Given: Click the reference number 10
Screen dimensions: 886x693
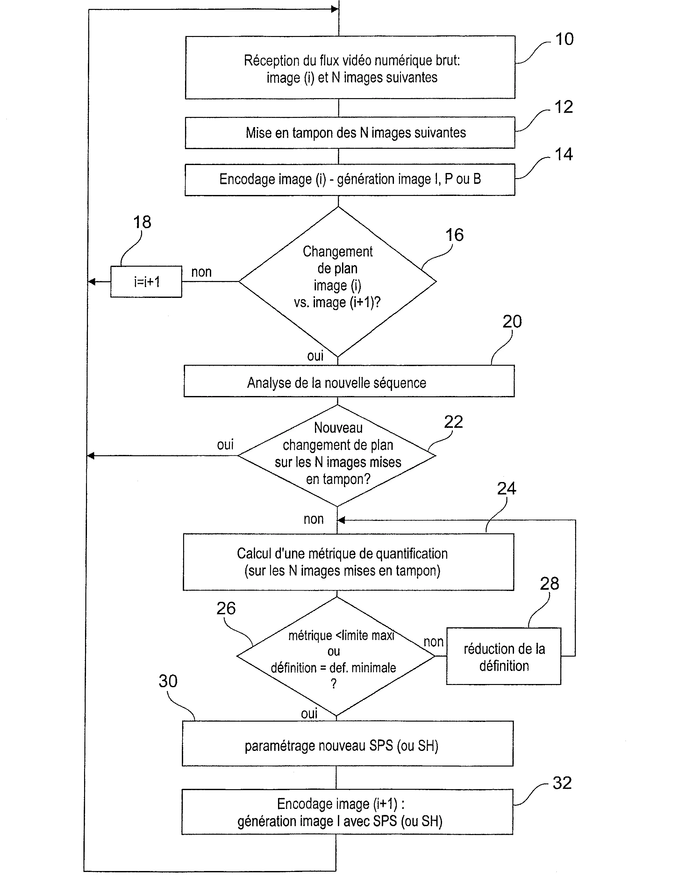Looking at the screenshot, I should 564,39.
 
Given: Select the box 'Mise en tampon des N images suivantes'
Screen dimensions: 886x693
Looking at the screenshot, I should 350,133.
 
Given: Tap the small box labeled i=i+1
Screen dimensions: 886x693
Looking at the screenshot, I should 146,282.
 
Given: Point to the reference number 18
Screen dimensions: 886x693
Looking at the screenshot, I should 142,222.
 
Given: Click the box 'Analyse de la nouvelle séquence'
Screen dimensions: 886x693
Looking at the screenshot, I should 349,381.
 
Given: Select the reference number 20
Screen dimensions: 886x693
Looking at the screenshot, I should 512,321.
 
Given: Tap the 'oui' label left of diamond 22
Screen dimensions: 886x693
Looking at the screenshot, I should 225,444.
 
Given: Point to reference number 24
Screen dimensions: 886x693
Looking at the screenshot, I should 506,488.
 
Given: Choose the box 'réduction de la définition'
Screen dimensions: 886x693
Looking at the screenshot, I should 504,657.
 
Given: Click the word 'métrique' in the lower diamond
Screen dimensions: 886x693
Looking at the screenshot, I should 310,636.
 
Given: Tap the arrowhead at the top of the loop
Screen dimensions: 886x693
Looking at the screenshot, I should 335,9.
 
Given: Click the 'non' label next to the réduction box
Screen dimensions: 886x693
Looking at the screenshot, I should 433,642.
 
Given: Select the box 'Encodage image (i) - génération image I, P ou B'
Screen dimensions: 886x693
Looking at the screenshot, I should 350,179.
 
